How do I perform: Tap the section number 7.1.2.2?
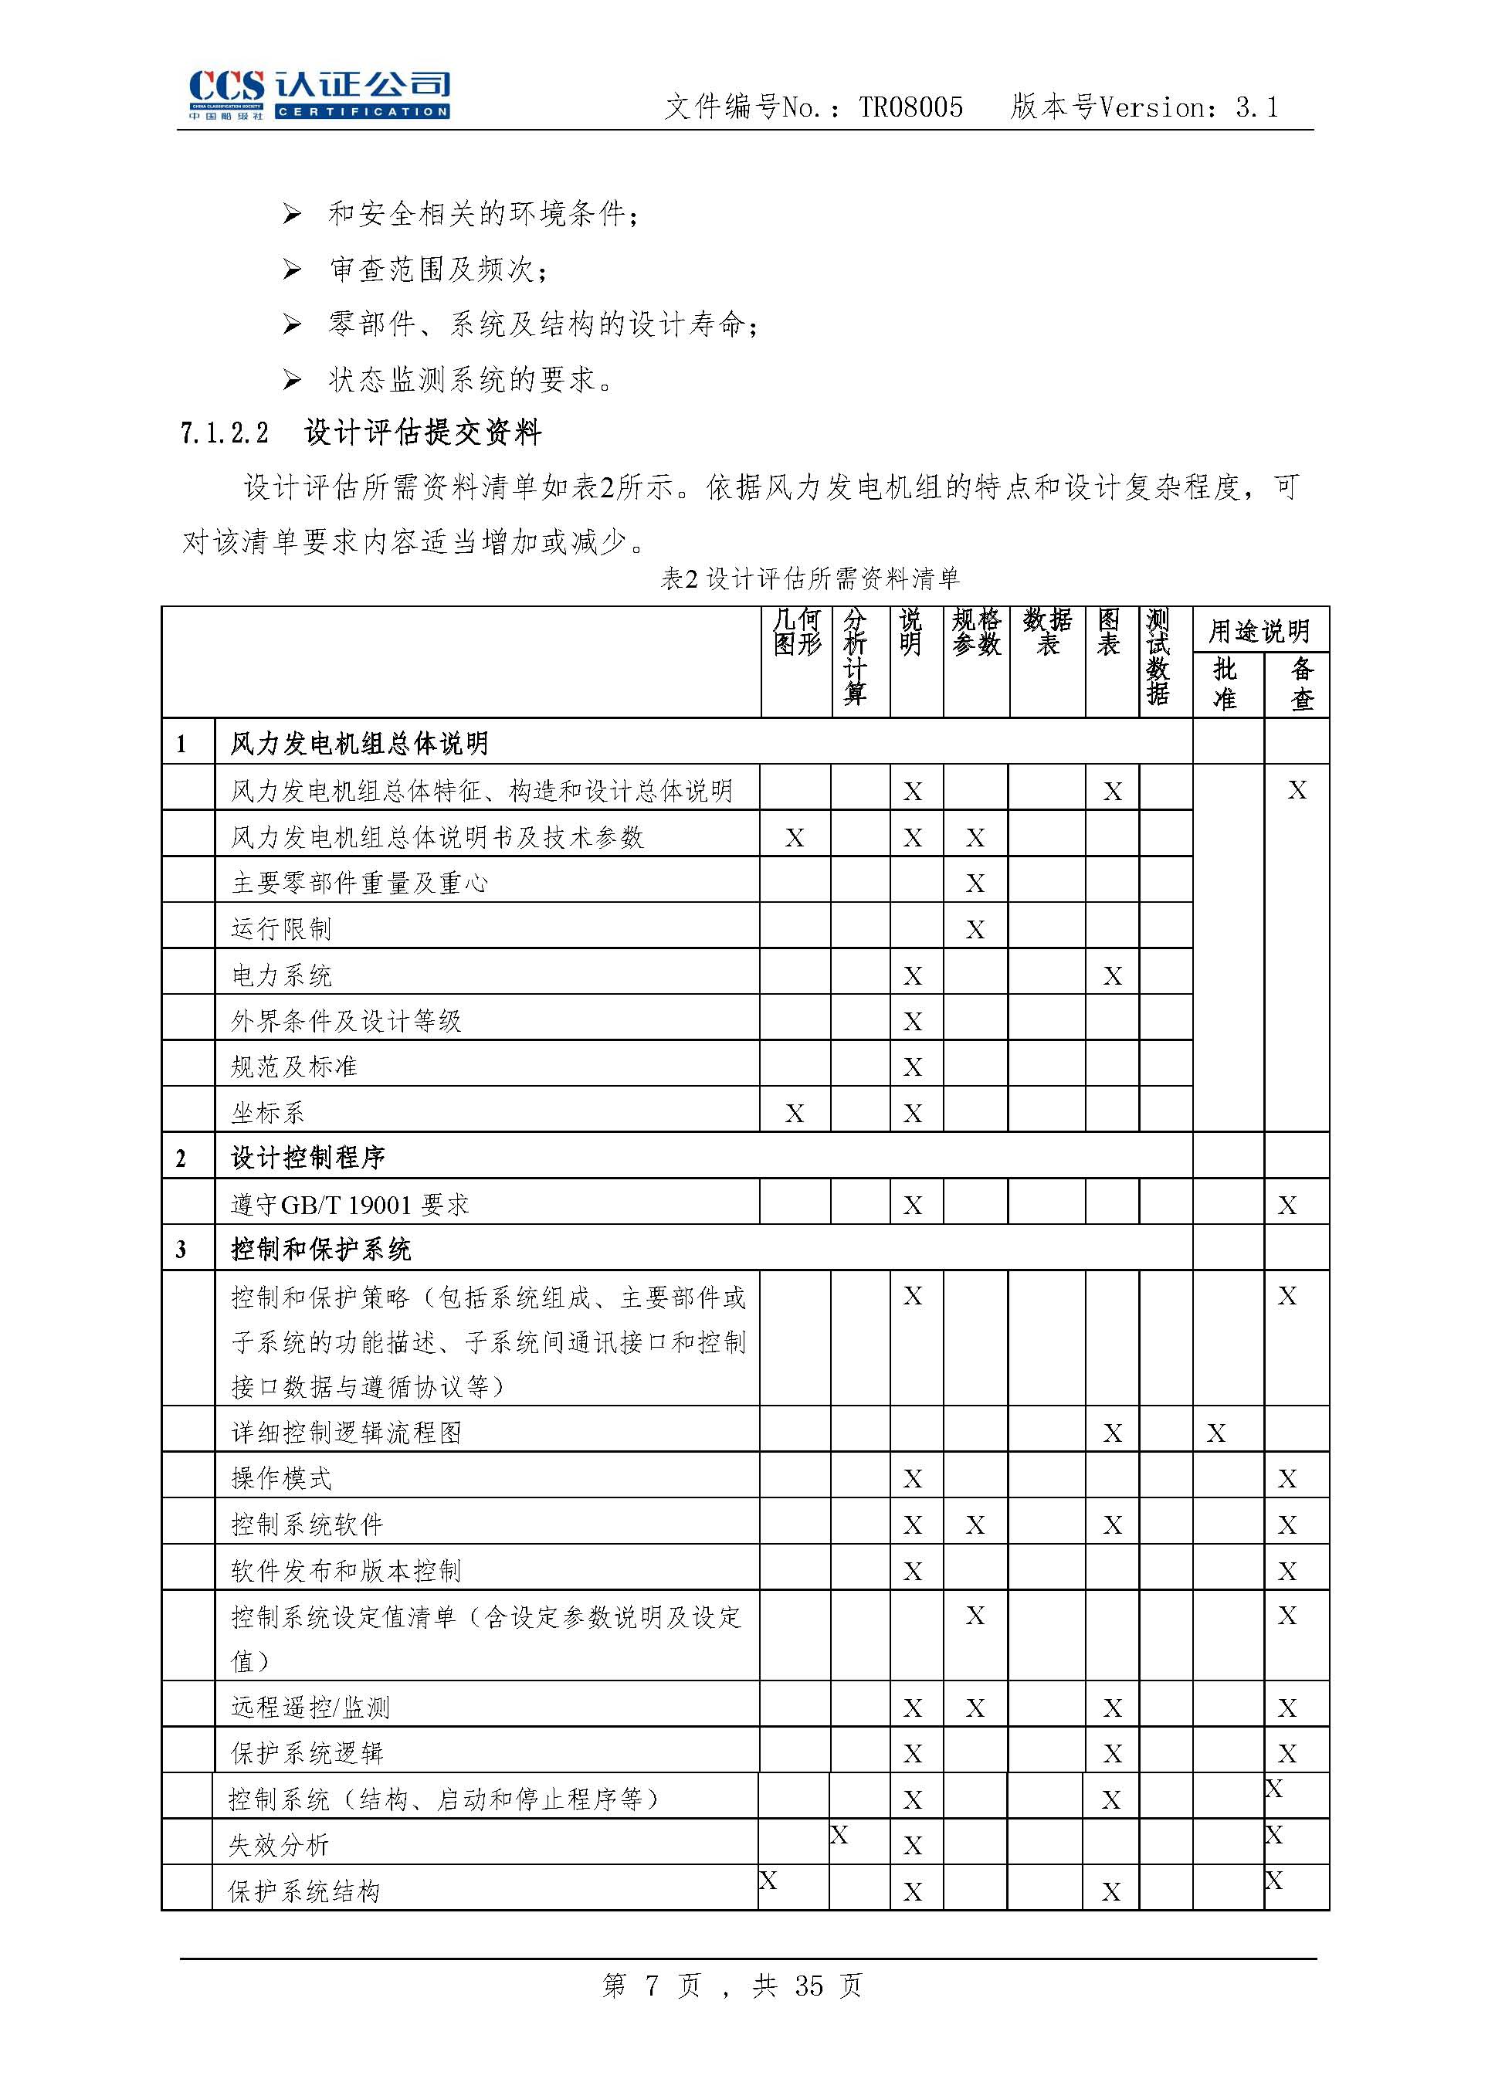click(225, 432)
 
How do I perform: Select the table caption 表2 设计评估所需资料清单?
click(810, 578)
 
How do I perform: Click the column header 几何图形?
click(796, 632)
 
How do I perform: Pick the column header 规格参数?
click(976, 632)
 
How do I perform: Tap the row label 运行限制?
click(281, 929)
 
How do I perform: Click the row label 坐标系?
click(268, 1113)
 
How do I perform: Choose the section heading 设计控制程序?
click(307, 1158)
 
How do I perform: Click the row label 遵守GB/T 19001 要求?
click(350, 1205)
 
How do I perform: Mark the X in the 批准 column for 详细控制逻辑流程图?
click(1216, 1433)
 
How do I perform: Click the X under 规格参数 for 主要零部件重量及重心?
click(975, 884)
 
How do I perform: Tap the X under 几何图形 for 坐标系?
click(795, 1114)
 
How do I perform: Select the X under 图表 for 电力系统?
click(1112, 975)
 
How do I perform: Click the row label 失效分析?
click(279, 1845)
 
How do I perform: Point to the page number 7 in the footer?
click(651, 1986)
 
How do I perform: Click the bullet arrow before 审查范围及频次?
click(292, 269)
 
